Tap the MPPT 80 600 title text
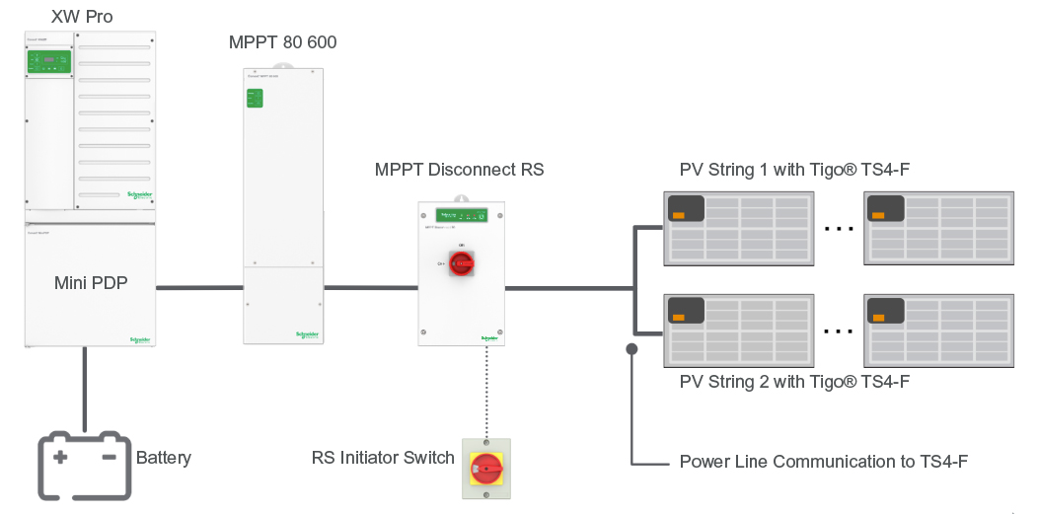click(282, 42)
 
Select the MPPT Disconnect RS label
click(459, 170)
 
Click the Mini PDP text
click(90, 284)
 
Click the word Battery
click(164, 458)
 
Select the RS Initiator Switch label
click(383, 458)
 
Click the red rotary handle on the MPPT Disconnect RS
click(461, 263)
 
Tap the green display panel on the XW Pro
click(49, 61)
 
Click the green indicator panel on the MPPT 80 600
click(256, 98)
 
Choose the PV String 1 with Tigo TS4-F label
click(794, 170)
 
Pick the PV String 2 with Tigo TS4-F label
click(794, 382)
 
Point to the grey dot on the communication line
click(631, 348)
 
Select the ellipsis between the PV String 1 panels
click(838, 229)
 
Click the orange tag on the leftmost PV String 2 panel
click(679, 317)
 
